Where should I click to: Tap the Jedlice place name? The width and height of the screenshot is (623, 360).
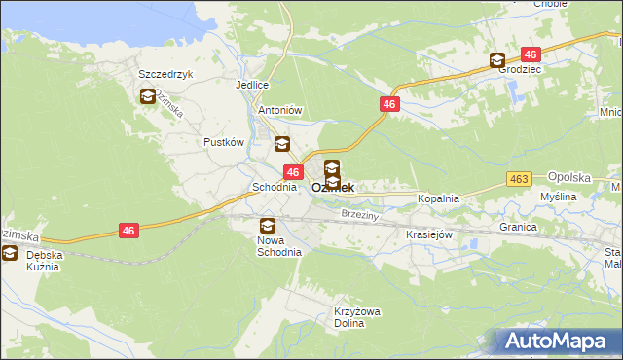pos(251,85)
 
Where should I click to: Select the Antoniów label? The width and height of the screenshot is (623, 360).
pos(281,111)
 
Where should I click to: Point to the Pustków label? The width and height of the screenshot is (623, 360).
pos(222,142)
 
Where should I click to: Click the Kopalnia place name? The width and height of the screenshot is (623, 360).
pos(437,198)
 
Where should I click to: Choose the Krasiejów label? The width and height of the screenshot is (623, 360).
pos(426,234)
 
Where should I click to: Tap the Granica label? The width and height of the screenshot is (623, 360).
pos(519,227)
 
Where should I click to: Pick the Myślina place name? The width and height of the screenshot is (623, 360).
pos(559,197)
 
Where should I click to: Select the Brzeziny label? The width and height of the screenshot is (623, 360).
pos(360,213)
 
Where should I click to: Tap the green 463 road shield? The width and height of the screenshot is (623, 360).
pos(518,179)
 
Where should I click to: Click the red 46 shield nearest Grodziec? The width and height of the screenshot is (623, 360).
pos(531,54)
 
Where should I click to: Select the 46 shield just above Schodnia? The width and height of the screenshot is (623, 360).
pos(292,171)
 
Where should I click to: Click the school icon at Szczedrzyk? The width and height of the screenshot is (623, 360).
pos(147,96)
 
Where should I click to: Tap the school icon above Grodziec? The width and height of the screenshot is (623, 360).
pos(497,60)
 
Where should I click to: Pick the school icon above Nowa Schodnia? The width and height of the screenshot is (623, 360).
pos(267,227)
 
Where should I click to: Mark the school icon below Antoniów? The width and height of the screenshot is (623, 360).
pos(281,145)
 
